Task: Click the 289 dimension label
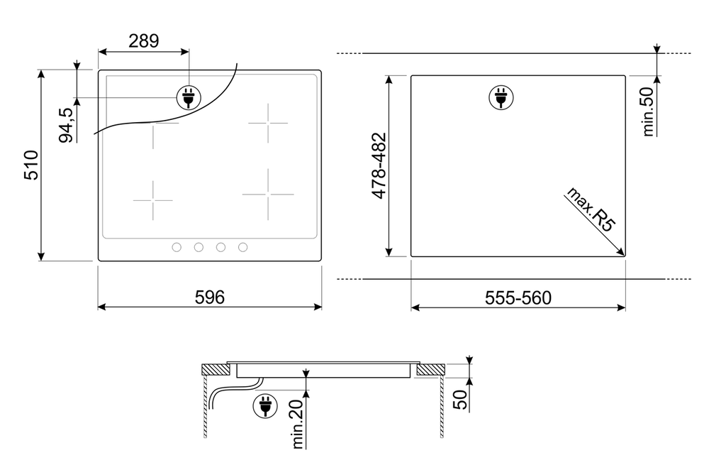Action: point(144,41)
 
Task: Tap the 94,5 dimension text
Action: point(66,125)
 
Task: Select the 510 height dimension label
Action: point(31,165)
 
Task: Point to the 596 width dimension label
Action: point(210,297)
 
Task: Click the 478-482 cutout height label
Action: point(379,165)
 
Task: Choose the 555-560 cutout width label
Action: point(518,298)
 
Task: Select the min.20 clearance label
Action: point(297,425)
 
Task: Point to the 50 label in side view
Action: point(460,400)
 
